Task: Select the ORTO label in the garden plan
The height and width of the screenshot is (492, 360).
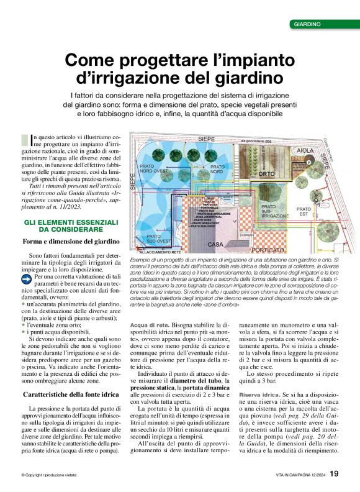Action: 266,175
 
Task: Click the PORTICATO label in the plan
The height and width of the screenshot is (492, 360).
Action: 268,249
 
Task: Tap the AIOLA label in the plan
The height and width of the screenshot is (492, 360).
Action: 305,151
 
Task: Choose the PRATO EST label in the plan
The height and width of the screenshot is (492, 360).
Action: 304,211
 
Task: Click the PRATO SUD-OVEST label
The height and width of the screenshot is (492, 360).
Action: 153,239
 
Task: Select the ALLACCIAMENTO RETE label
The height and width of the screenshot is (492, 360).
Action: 160,253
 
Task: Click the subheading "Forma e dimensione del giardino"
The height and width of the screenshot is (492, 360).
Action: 71,241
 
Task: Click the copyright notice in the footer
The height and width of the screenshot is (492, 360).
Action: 49,475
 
